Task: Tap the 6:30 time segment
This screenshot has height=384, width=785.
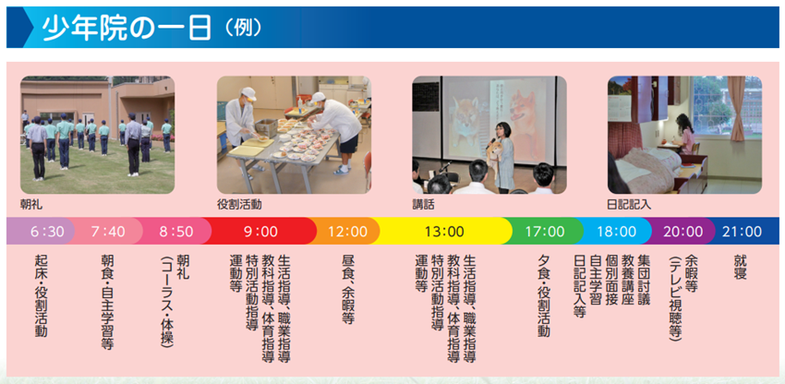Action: (x=47, y=231)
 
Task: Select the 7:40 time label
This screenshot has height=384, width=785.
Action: (x=108, y=231)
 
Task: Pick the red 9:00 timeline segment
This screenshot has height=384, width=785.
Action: (x=261, y=231)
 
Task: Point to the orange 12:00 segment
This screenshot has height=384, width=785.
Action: (x=347, y=231)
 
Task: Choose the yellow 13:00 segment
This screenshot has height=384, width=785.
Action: (x=444, y=231)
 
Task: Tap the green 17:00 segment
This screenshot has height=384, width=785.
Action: (x=544, y=231)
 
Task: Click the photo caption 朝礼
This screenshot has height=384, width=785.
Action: (x=30, y=204)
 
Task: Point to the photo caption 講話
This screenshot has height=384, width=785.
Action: (x=423, y=204)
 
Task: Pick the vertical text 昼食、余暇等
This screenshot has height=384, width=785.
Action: (x=347, y=289)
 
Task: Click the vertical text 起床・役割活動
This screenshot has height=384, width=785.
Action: (x=41, y=295)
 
